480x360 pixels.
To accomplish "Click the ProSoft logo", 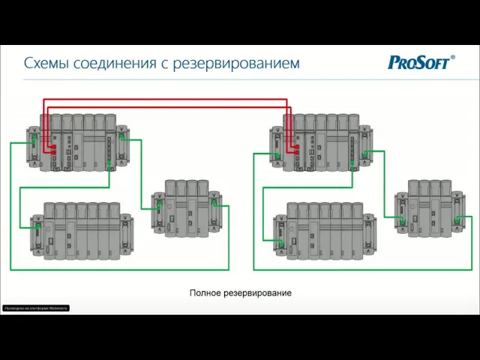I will (x=420, y=62).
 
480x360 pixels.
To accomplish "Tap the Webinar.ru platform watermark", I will (x=36, y=308).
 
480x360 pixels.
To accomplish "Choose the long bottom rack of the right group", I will (x=323, y=230).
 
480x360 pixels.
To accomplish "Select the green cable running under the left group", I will (x=120, y=268).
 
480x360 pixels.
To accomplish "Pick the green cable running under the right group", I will (x=360, y=268).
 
